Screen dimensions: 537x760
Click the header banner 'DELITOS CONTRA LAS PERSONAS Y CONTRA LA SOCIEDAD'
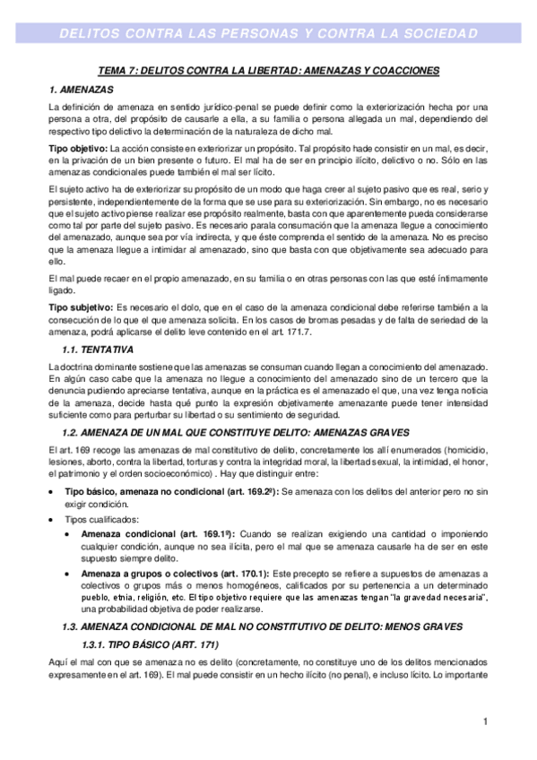268,34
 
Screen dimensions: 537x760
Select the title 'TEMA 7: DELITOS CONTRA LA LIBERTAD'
267,70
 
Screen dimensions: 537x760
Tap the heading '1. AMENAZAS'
81,91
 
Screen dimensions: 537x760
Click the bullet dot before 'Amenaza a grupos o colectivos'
69,572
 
